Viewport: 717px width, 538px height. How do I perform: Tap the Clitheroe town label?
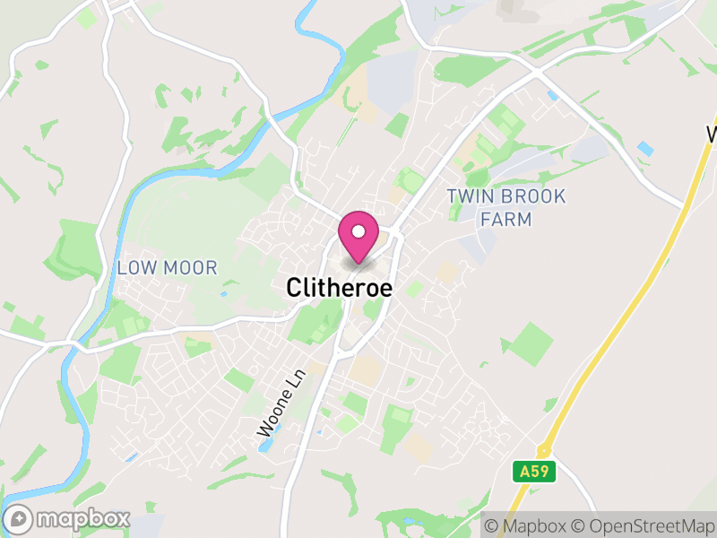tap(340, 287)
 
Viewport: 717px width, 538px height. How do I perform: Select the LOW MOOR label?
tap(167, 267)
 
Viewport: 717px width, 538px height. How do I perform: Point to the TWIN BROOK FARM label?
tap(506, 207)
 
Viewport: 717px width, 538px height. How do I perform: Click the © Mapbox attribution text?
tap(529, 525)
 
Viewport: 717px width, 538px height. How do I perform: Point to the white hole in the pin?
tap(358, 231)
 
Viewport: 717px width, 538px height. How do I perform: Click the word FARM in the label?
tap(506, 219)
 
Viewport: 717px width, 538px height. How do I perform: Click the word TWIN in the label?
tap(468, 196)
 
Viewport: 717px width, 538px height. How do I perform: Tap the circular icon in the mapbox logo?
tap(19, 518)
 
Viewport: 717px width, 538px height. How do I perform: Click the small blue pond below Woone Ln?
tap(266, 446)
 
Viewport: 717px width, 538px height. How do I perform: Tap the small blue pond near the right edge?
tap(645, 146)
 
